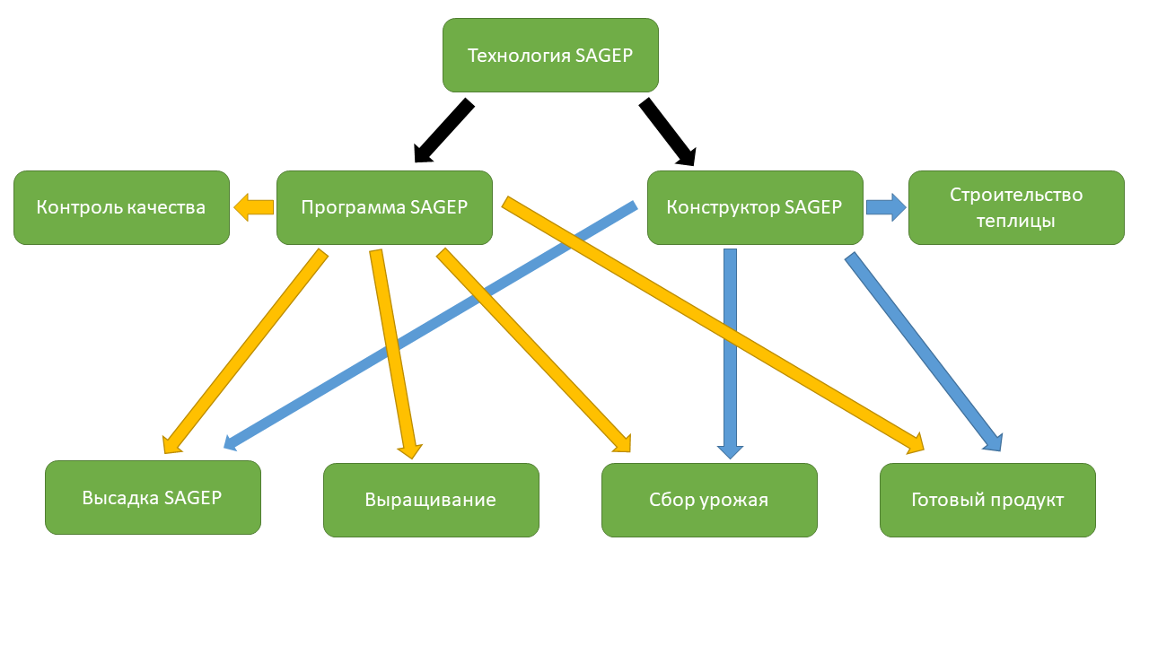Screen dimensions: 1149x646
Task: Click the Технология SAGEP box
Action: tap(550, 56)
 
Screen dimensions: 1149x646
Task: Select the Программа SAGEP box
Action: tap(384, 207)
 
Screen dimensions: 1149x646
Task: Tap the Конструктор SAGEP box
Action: tap(755, 207)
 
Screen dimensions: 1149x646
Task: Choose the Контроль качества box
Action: tap(121, 207)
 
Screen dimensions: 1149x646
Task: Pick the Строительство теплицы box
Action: tap(1016, 207)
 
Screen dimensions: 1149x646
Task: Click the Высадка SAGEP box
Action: tap(153, 497)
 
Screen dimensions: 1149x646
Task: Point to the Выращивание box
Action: tap(431, 500)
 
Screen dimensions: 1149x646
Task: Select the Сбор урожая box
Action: tap(709, 500)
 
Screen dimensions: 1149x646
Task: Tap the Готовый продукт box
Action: tap(987, 500)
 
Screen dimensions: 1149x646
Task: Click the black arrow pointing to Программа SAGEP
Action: tap(444, 130)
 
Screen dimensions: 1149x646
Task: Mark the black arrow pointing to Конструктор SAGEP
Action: tap(668, 132)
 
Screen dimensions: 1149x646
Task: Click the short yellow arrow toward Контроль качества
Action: tap(253, 207)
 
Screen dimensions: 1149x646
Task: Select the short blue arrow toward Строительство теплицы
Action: tap(886, 207)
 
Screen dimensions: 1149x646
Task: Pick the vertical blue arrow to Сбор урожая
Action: tap(730, 354)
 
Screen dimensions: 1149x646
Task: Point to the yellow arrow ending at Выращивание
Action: tap(396, 354)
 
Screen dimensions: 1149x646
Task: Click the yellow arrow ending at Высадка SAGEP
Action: tap(245, 351)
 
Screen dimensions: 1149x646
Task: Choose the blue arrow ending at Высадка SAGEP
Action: tap(430, 326)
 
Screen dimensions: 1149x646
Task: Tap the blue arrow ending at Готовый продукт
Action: tap(924, 352)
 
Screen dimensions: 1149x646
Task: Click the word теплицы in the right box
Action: tap(1015, 221)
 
